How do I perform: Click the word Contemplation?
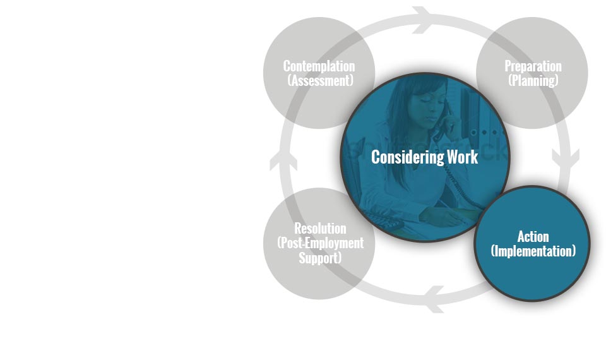pyautogui.click(x=319, y=66)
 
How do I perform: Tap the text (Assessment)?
pyautogui.click(x=321, y=80)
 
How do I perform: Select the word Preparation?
pyautogui.click(x=533, y=66)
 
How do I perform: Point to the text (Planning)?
pyautogui.click(x=533, y=80)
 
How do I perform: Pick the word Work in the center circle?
pyautogui.click(x=463, y=157)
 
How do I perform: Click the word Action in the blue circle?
pyautogui.click(x=533, y=236)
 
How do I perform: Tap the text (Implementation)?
pyautogui.click(x=533, y=251)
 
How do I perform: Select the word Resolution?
pyautogui.click(x=320, y=228)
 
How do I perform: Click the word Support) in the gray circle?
pyautogui.click(x=320, y=258)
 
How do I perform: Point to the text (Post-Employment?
pyautogui.click(x=320, y=243)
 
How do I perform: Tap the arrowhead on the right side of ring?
pyautogui.click(x=566, y=159)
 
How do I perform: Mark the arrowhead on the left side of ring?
pyautogui.click(x=283, y=159)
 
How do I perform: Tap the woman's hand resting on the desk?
pyautogui.click(x=441, y=216)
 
